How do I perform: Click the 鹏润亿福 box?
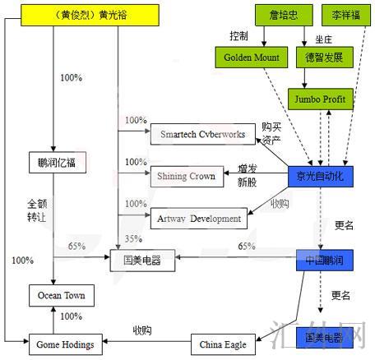56,161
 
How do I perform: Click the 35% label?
132,238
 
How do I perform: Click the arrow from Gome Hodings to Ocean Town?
54,319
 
